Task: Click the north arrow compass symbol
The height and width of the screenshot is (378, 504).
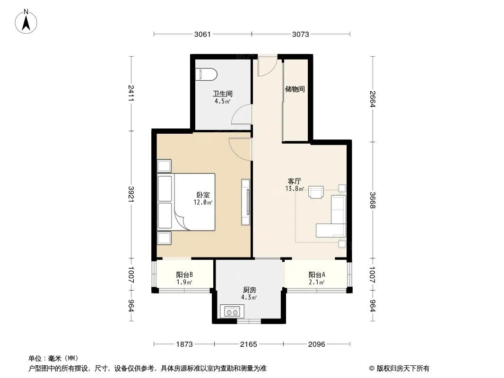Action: point(26,22)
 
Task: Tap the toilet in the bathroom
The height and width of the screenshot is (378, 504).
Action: point(206,74)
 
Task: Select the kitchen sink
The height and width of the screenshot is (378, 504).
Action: point(232,311)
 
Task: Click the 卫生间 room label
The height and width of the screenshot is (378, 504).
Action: point(222,94)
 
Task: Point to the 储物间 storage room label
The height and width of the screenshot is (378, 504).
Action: point(295,89)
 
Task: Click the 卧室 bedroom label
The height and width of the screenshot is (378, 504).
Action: point(203,195)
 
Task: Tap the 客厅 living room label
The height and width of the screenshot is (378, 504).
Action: point(294,181)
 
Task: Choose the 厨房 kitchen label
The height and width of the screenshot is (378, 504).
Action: point(250,290)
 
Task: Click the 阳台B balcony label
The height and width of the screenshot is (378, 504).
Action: point(184,275)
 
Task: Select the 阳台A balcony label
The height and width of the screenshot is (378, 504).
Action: point(317,275)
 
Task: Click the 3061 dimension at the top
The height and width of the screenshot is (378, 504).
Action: point(202,34)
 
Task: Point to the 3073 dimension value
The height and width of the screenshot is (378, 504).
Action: point(301,34)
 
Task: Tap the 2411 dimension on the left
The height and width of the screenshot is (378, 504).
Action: point(131,93)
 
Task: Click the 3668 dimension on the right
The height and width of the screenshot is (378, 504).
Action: point(373,200)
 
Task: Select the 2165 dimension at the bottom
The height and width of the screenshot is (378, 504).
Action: point(249,344)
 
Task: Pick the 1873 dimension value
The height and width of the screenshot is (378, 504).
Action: point(184,344)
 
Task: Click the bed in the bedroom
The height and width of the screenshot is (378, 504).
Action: point(186,202)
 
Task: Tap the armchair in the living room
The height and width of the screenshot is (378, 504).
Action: point(316,192)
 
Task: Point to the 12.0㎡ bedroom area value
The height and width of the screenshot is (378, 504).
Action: point(203,202)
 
